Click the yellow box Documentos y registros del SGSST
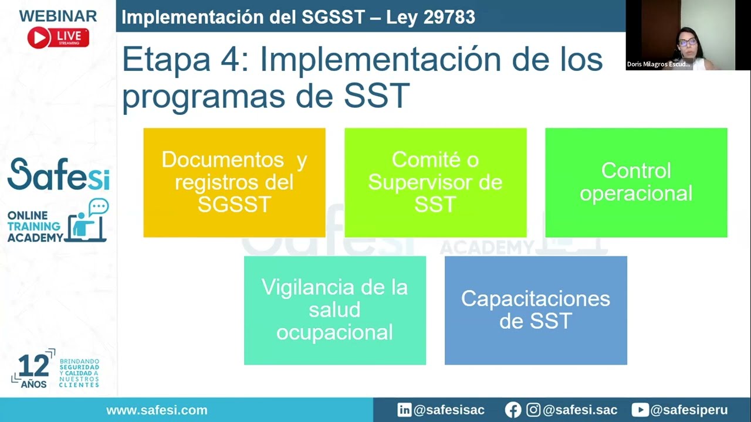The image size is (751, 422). click(234, 182)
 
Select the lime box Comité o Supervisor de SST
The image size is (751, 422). click(435, 182)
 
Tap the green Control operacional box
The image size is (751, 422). click(636, 182)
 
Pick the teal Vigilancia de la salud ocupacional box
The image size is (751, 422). click(334, 310)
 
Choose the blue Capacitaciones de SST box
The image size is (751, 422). click(536, 310)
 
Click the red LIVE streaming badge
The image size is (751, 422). click(58, 38)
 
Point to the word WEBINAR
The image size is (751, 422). click(58, 16)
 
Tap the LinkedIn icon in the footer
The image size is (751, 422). click(404, 410)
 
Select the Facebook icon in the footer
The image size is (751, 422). click(513, 410)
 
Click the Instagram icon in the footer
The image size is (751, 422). click(533, 410)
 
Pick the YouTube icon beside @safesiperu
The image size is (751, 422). click(640, 410)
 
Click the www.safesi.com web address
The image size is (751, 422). click(157, 410)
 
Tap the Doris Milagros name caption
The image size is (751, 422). click(659, 64)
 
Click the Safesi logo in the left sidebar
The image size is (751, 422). click(58, 175)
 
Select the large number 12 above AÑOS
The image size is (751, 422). click(33, 367)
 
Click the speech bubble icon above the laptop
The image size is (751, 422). click(99, 207)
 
